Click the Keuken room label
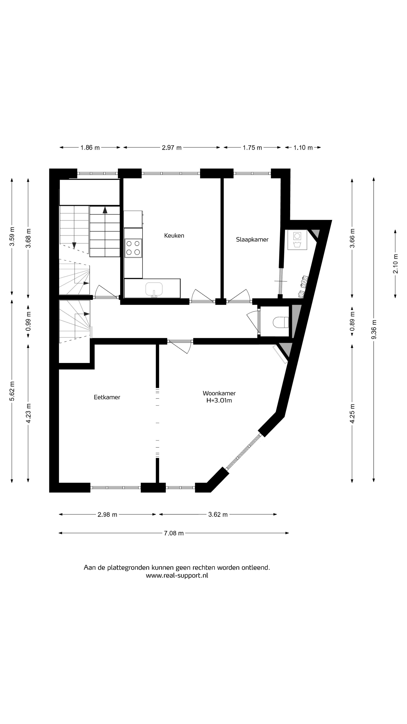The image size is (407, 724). pos(174,235)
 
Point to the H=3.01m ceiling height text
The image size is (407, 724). pos(219,400)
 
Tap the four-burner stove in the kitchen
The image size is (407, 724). pos(133,248)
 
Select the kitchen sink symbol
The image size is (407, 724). pos(154,289)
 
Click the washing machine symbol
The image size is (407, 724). pos(297,240)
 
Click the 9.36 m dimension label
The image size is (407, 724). pos(374,329)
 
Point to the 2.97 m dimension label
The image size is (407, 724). pos(172,148)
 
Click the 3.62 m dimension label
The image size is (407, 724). pos(218,515)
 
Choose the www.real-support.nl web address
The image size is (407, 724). pos(177,575)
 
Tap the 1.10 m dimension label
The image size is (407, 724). pos(303,148)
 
